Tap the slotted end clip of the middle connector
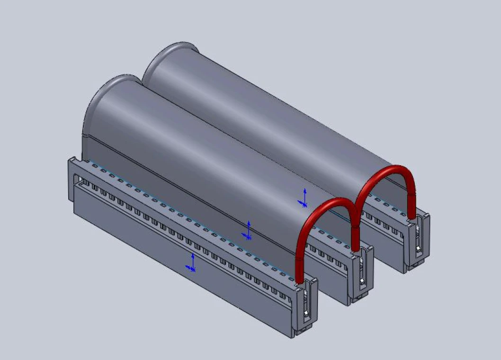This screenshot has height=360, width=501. click(361, 275)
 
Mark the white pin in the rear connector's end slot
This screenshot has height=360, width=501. click(419, 248)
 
